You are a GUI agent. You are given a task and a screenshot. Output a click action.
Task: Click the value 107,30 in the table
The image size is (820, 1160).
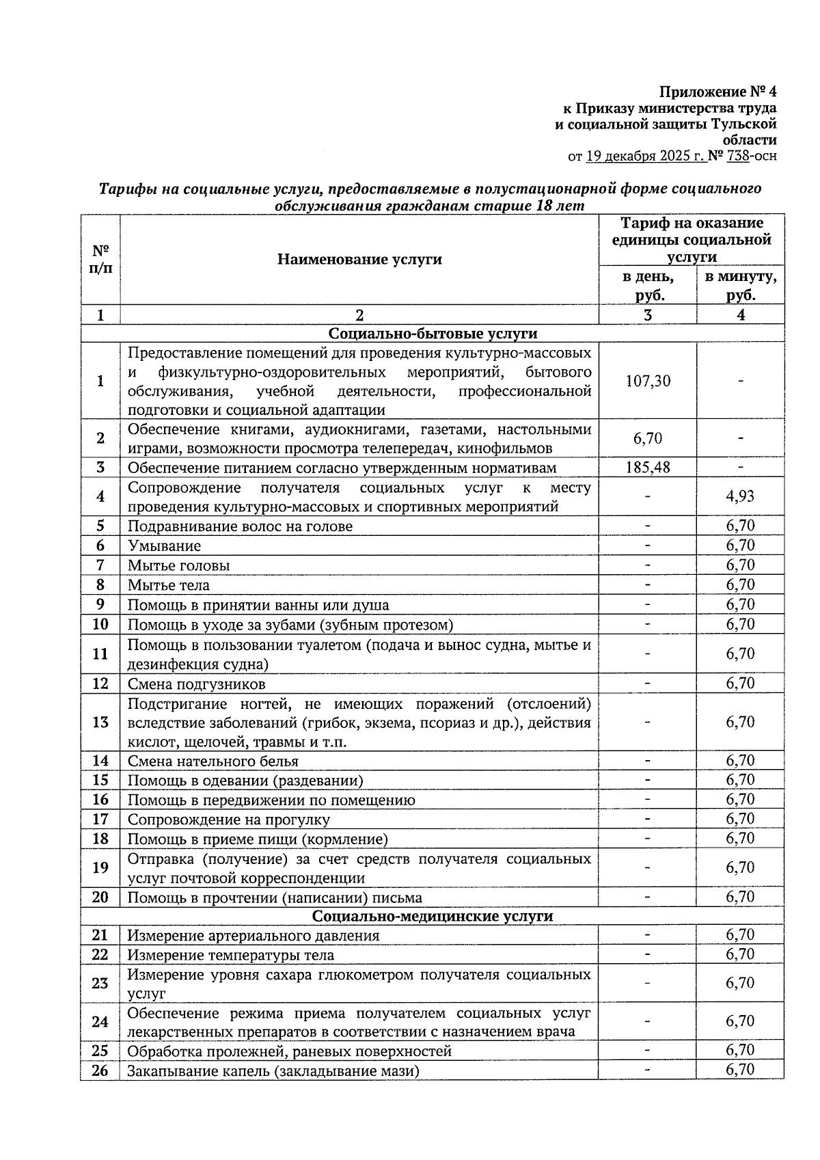tap(648, 381)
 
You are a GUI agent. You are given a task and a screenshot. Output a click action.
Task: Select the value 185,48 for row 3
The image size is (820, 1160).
tap(648, 468)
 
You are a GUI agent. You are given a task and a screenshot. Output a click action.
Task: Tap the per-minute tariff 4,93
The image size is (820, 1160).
tap(740, 496)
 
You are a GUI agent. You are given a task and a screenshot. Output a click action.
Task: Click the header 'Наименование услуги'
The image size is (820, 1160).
tap(359, 259)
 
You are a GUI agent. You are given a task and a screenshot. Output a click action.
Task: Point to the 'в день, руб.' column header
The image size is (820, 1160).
tap(648, 286)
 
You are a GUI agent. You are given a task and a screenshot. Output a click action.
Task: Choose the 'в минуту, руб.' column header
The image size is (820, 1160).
tap(741, 286)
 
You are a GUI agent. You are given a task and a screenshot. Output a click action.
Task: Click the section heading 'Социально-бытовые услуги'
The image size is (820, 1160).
tap(433, 334)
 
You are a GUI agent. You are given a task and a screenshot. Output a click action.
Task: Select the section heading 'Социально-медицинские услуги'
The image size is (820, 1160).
tap(433, 916)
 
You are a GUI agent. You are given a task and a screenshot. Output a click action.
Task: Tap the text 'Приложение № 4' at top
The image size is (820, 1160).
tap(717, 92)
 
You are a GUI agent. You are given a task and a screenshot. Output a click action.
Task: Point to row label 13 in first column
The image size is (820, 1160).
tap(100, 722)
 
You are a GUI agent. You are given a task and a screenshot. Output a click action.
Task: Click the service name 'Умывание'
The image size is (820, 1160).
tap(165, 546)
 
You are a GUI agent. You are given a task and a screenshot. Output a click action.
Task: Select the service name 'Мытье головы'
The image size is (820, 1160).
tap(179, 566)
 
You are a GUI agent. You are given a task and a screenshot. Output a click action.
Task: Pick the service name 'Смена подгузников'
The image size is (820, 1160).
tap(197, 684)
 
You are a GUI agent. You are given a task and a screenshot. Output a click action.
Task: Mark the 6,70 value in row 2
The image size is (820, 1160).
tap(648, 439)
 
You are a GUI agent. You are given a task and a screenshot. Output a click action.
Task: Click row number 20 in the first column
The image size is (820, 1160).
tap(100, 897)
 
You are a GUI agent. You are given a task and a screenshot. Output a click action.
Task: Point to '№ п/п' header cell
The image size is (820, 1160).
tap(100, 259)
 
